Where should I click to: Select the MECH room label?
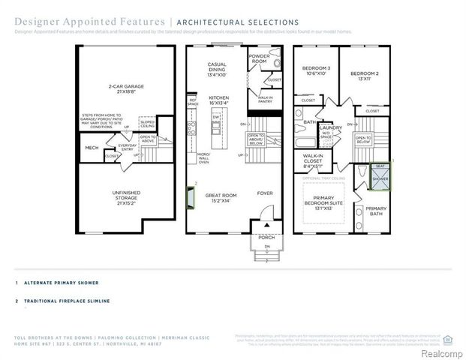click(92, 148)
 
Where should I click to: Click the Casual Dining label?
click(217, 69)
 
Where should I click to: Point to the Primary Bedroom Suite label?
click(326, 202)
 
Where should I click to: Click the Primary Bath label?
click(377, 211)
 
